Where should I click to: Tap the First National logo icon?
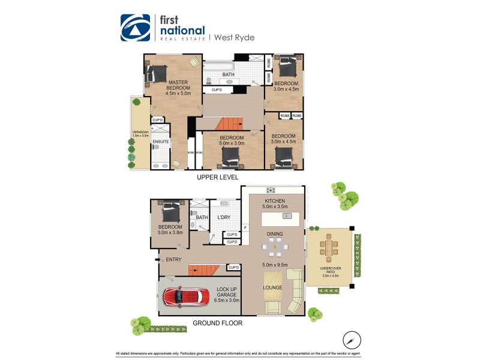(x=135, y=28)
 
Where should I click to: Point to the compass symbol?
(x=351, y=340)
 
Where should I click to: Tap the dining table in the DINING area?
(x=275, y=246)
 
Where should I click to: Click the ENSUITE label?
(x=160, y=142)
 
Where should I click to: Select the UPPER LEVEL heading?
(x=218, y=178)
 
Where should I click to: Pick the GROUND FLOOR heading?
(x=218, y=323)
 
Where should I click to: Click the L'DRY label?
(x=224, y=217)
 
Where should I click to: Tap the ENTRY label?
(x=174, y=259)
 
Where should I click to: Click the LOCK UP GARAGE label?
(x=227, y=295)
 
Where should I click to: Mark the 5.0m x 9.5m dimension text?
(x=275, y=265)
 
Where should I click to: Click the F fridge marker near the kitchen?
(x=245, y=228)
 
